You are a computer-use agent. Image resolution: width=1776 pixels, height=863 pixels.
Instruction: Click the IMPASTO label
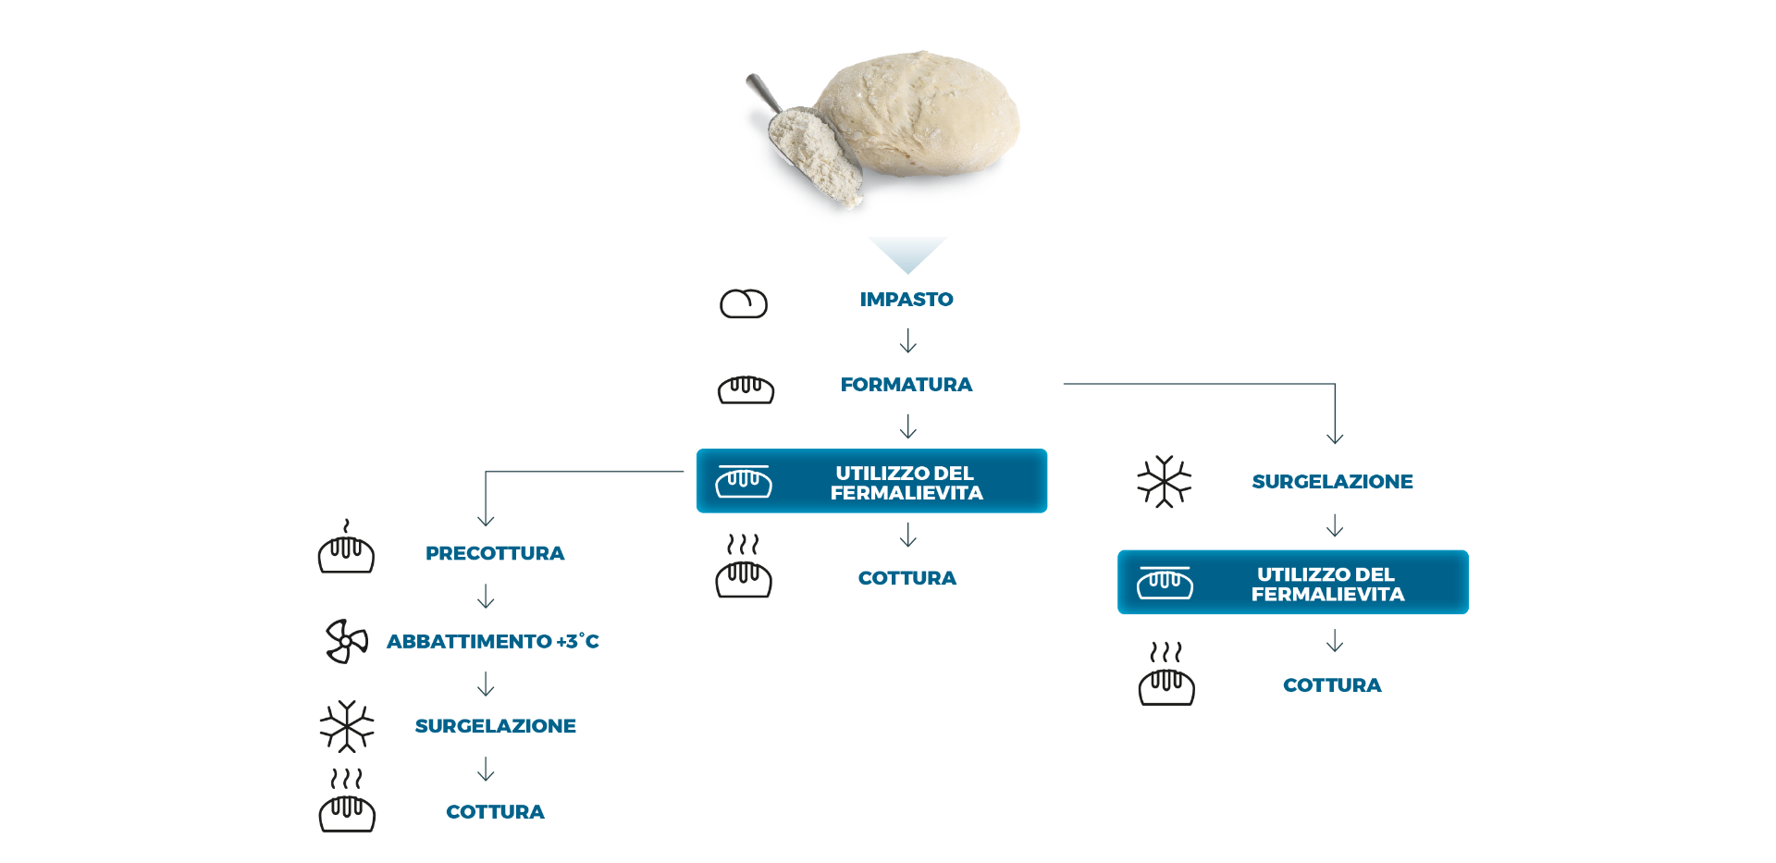pyautogui.click(x=906, y=300)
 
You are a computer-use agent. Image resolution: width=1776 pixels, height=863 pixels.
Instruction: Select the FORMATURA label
pyautogui.click(x=906, y=385)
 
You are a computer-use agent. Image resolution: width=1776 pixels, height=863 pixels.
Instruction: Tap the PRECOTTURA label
pyautogui.click(x=495, y=553)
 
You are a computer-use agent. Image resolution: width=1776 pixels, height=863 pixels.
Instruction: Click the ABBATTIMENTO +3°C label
pyautogui.click(x=493, y=641)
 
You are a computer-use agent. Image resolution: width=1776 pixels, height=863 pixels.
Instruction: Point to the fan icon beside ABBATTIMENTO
pyautogui.click(x=347, y=641)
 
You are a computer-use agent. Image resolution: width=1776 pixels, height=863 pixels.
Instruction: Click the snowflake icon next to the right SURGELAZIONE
pyautogui.click(x=1165, y=482)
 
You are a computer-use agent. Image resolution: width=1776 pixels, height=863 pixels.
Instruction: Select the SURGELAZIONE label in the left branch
pyautogui.click(x=496, y=726)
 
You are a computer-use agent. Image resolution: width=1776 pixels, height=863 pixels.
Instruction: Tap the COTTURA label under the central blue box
pyautogui.click(x=907, y=578)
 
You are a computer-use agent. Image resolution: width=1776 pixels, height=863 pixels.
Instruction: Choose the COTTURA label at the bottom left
pyautogui.click(x=496, y=812)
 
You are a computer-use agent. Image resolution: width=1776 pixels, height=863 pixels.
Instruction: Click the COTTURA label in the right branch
pyautogui.click(x=1332, y=685)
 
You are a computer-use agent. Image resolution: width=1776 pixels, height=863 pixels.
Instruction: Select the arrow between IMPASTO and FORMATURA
pyautogui.click(x=908, y=342)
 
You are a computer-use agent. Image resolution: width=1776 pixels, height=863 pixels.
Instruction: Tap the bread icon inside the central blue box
pyautogui.click(x=744, y=481)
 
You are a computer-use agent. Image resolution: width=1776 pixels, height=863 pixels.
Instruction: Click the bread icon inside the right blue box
pyautogui.click(x=1165, y=583)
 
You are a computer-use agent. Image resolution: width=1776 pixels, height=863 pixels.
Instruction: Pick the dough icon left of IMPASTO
pyautogui.click(x=744, y=303)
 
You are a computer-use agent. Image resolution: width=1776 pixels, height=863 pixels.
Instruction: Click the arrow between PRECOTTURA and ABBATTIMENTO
pyautogui.click(x=486, y=597)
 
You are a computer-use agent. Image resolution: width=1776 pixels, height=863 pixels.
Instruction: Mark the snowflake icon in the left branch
pyautogui.click(x=347, y=726)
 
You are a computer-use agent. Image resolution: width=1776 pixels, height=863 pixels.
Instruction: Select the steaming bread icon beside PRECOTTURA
pyautogui.click(x=346, y=549)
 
